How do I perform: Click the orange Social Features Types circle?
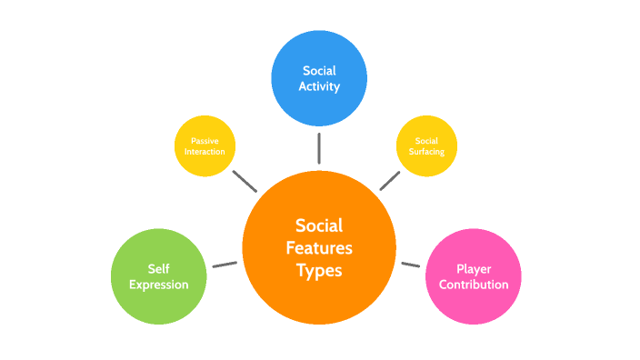319,246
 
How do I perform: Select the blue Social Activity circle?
319,78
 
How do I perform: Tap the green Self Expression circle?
158,276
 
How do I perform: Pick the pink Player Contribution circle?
473,276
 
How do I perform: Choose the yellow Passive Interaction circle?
205,145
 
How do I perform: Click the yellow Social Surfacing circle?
426,145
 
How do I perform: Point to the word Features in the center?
319,247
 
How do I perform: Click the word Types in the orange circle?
319,270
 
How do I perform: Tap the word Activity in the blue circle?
319,87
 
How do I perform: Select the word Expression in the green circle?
158,285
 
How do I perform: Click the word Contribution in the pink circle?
473,285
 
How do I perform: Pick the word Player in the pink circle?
473,269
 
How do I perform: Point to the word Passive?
205,141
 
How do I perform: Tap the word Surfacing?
426,152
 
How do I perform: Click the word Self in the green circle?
158,269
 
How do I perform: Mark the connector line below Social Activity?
319,147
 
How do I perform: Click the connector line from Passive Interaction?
244,180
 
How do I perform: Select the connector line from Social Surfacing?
390,180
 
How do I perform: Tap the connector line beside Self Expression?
225,265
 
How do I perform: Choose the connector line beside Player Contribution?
411,265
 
